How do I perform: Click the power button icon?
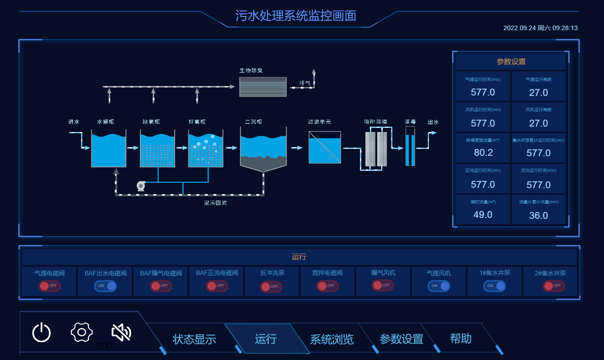42,332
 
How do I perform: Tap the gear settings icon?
82,332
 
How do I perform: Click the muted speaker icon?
121,332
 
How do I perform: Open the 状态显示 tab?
194,339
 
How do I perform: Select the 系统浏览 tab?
332,339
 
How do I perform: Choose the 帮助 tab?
461,339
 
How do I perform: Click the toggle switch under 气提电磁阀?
49,286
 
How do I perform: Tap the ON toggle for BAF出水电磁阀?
105,286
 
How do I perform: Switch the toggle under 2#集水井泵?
554,286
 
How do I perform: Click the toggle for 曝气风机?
383,286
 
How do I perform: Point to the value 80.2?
483,153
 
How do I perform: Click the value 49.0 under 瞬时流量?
483,215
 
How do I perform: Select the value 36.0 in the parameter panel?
539,216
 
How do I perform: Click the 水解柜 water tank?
109,150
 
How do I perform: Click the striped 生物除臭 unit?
263,87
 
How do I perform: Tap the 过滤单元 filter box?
325,147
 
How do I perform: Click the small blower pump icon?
141,185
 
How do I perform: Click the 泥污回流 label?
215,203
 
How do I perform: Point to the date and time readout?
540,28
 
